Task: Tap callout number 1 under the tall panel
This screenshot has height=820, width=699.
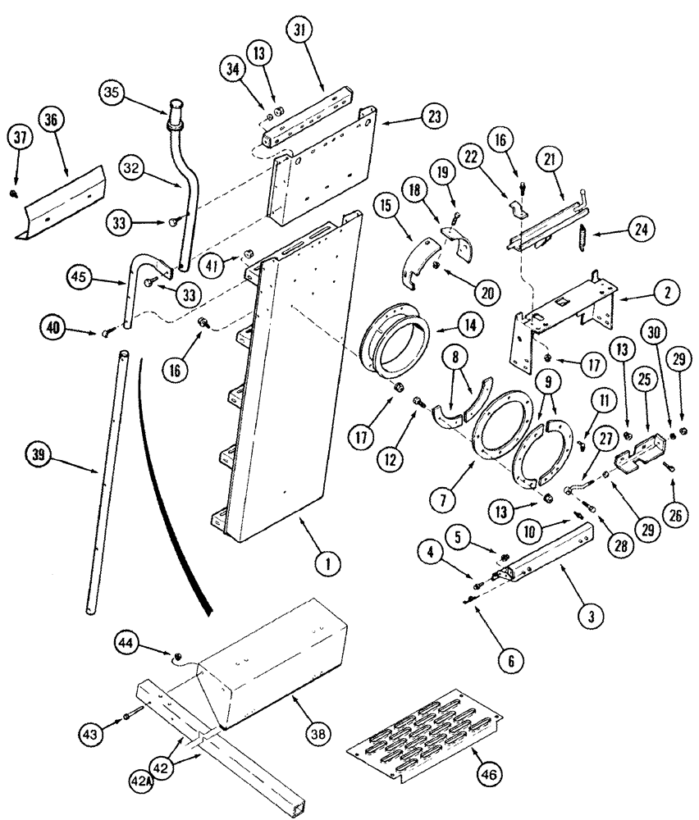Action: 327,563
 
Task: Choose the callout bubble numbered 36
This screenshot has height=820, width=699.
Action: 51,119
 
